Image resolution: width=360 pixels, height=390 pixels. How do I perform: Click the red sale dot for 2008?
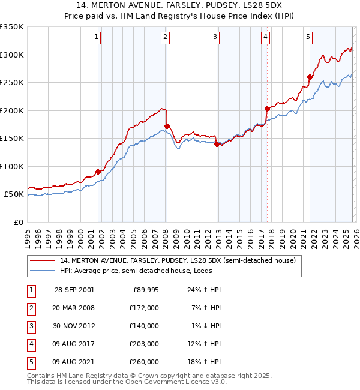tap(167, 126)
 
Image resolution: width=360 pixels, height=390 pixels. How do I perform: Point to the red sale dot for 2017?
tap(267, 109)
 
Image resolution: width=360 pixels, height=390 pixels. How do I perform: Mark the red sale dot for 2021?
tap(310, 77)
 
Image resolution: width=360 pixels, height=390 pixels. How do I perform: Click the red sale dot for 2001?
tap(98, 172)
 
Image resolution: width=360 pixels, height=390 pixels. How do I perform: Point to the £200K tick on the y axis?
tap(12, 110)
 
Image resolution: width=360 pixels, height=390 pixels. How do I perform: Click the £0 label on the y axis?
tap(18, 222)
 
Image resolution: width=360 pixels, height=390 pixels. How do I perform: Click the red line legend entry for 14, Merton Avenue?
tap(178, 261)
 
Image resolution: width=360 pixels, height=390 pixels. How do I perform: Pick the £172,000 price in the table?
tap(144, 308)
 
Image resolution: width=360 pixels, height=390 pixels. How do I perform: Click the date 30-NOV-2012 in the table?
tap(74, 326)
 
